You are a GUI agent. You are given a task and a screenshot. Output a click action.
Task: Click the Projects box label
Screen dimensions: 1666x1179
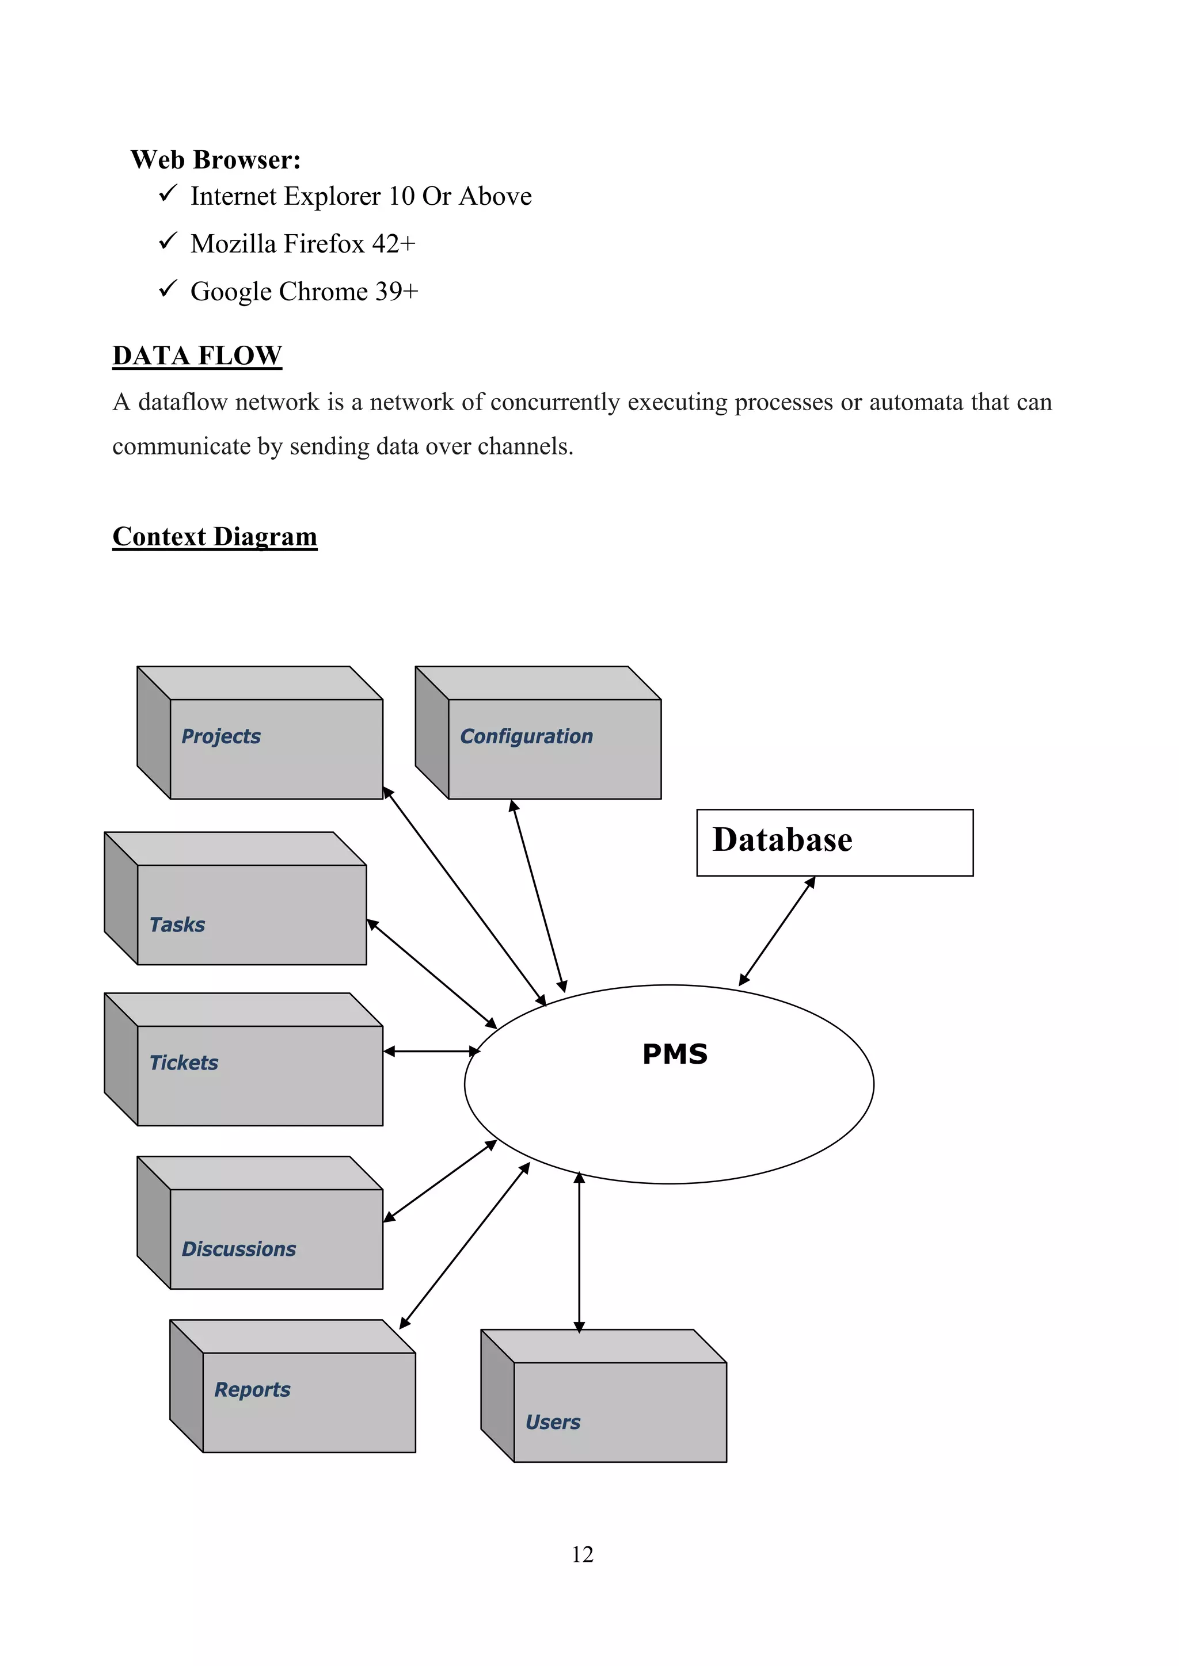pos(220,736)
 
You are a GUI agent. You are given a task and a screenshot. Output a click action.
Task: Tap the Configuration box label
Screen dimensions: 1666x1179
pos(526,736)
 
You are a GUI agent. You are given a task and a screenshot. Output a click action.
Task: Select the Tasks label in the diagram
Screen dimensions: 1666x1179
pos(177,925)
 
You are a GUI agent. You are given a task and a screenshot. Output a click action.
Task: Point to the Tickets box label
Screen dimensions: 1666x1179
pos(184,1063)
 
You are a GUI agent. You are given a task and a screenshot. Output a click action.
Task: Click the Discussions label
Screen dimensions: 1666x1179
pos(239,1249)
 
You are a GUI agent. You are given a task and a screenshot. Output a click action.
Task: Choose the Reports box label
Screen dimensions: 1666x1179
pos(252,1390)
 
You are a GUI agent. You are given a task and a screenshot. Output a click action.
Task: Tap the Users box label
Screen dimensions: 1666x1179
pos(553,1423)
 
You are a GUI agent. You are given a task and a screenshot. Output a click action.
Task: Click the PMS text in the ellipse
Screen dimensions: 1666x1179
pos(675,1054)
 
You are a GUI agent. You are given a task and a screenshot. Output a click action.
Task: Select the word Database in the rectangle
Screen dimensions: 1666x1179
pos(782,840)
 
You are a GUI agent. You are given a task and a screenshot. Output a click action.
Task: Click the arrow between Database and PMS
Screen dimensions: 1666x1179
pos(777,932)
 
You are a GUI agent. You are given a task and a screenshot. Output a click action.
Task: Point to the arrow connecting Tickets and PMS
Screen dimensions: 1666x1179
pos(431,1052)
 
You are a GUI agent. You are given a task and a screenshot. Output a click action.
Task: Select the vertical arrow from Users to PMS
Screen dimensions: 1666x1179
pos(579,1252)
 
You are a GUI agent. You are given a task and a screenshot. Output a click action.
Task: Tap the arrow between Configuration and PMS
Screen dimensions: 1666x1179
pos(538,896)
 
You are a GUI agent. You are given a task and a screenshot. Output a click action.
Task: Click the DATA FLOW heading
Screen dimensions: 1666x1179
pos(197,356)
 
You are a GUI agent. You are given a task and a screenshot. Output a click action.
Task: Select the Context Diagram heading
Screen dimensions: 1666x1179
pos(215,536)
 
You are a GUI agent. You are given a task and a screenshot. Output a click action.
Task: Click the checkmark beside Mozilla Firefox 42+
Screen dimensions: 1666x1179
pos(168,241)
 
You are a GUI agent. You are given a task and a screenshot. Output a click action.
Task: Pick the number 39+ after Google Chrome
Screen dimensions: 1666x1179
pos(397,292)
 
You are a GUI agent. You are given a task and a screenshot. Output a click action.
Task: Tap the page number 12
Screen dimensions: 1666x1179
pos(582,1554)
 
